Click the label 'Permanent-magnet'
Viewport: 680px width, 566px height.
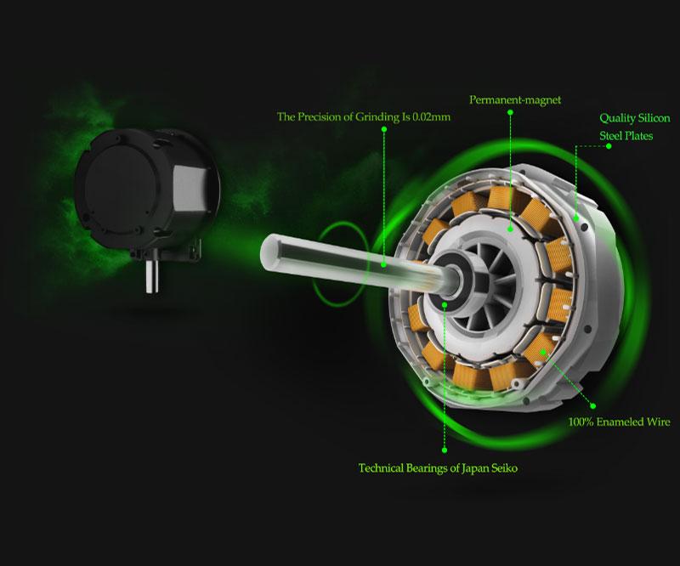(x=515, y=100)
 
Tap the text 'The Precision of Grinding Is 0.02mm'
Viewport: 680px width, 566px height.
(x=364, y=116)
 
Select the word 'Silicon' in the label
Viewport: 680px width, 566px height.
(x=653, y=118)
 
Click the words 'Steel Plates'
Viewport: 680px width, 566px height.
(x=626, y=136)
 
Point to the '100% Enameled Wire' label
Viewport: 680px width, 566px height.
(x=619, y=422)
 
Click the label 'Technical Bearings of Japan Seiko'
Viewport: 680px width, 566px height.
(x=438, y=468)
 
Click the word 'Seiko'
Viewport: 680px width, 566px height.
(x=504, y=468)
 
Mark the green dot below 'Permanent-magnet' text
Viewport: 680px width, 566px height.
(x=511, y=112)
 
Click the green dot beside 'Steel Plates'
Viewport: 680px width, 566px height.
(x=609, y=146)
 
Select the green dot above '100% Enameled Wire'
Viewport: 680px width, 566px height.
(x=592, y=406)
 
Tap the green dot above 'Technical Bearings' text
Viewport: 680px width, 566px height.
(x=444, y=450)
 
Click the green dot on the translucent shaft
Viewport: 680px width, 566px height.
(x=384, y=264)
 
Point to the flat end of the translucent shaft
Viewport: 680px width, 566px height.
(x=269, y=252)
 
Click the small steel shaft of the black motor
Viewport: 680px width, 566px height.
(x=151, y=277)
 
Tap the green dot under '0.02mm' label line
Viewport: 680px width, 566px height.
(x=384, y=129)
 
